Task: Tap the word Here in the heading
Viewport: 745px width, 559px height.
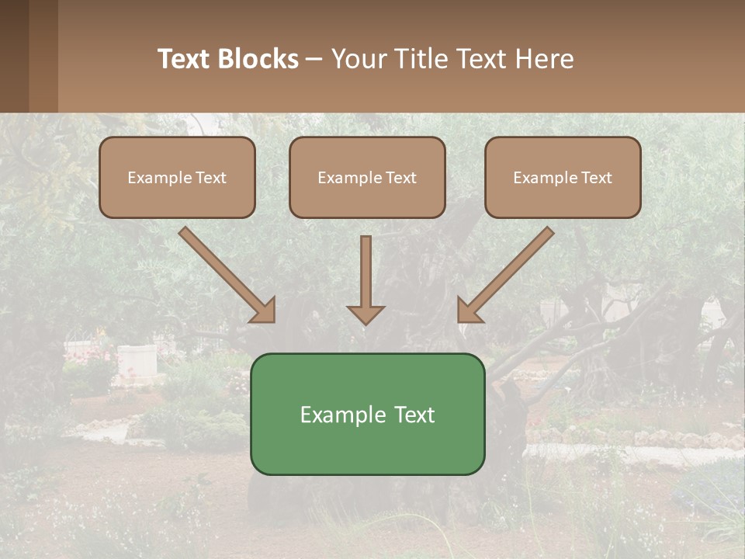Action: tap(546, 59)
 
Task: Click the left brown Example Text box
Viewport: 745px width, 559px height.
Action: tap(177, 177)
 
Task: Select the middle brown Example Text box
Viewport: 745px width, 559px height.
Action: tap(367, 177)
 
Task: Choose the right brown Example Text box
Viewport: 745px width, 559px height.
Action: tap(563, 177)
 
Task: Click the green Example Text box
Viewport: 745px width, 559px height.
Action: tap(367, 414)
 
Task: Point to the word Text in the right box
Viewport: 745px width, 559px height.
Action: tap(597, 178)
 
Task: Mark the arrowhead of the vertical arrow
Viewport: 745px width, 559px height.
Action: tap(366, 314)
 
